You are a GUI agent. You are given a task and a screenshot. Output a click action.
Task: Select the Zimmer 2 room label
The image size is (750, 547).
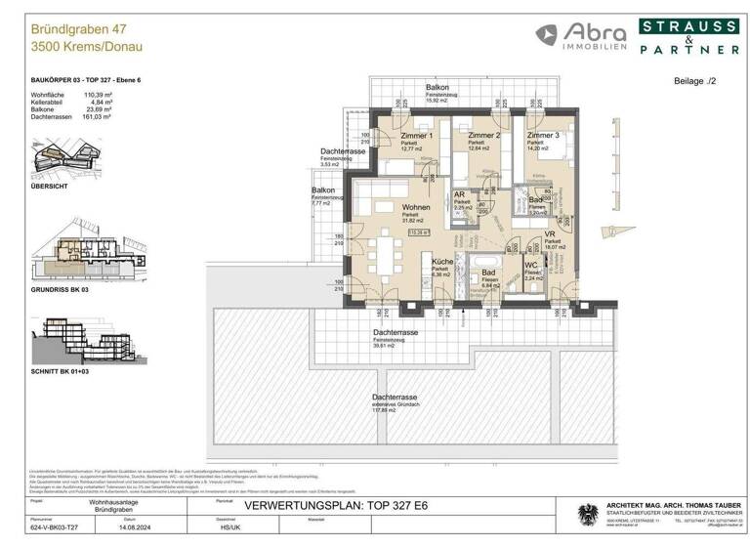coord(483,136)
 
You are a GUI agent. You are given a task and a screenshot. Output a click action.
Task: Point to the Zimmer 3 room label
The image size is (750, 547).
coord(543,136)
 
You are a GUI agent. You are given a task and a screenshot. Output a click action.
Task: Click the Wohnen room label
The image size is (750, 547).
coord(417,208)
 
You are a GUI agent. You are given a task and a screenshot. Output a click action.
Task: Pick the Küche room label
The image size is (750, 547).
coord(442,262)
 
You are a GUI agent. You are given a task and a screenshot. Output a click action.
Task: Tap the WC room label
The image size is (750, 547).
coord(531,265)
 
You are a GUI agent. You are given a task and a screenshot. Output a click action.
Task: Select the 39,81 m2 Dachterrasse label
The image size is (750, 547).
coord(396,333)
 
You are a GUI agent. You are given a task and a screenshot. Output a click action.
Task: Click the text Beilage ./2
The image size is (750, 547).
coord(696,85)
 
